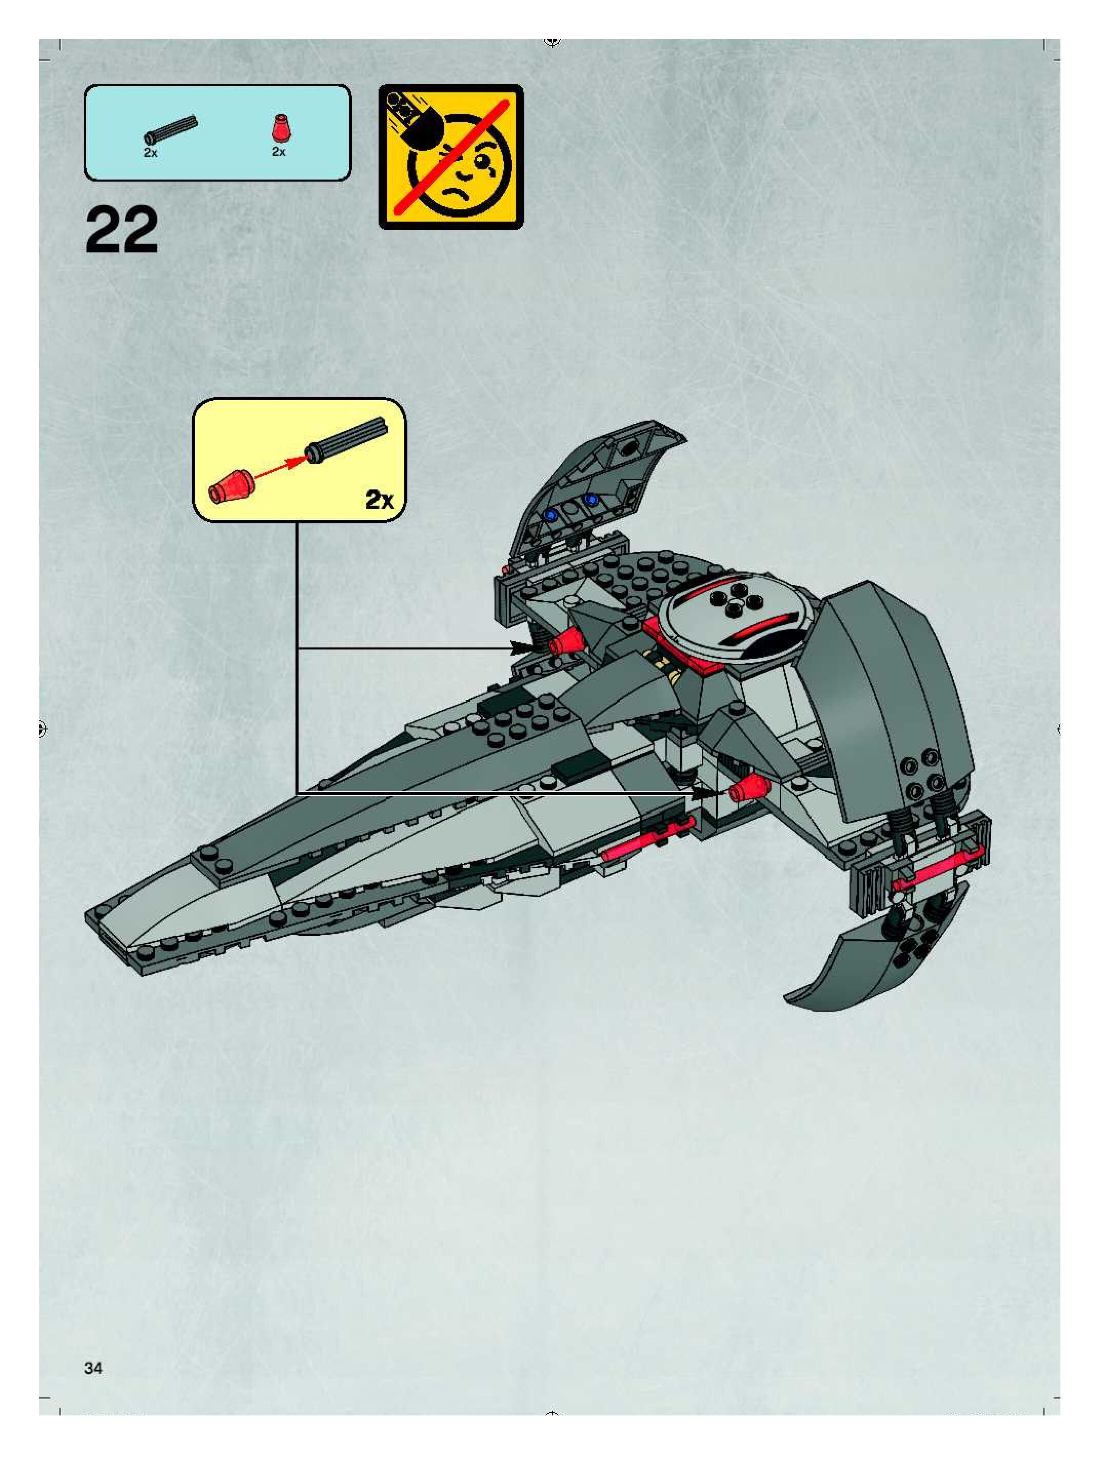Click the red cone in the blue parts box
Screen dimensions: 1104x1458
[x=279, y=128]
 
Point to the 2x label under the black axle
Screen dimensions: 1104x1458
[x=150, y=152]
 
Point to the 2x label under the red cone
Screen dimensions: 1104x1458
[x=279, y=152]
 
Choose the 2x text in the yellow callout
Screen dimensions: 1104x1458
[x=379, y=501]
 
